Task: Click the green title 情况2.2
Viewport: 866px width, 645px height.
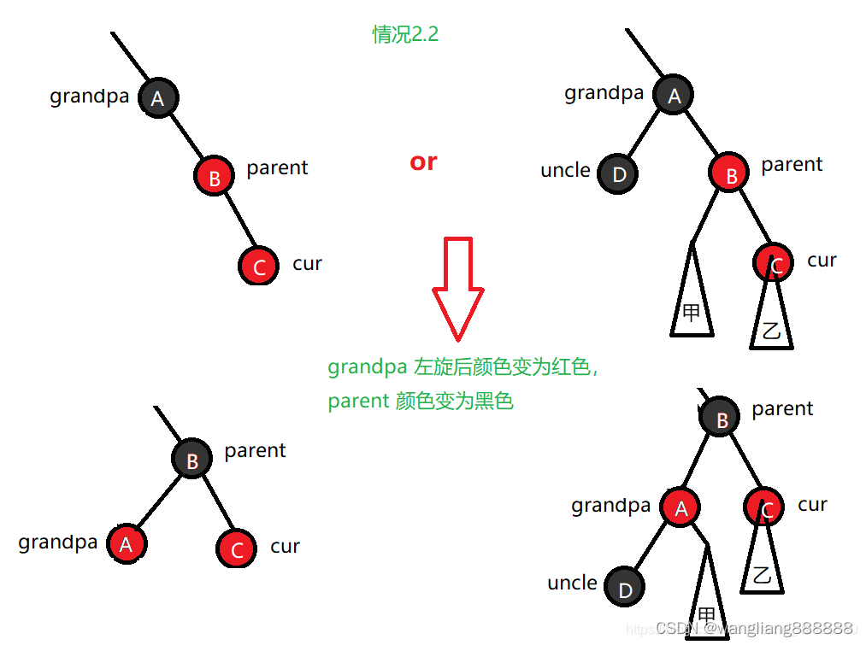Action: [x=405, y=34]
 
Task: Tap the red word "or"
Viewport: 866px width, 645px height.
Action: [x=423, y=161]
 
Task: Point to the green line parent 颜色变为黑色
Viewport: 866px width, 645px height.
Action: [x=420, y=401]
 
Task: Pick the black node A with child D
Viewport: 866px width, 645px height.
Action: [x=674, y=96]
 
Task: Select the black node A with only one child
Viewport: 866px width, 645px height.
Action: [x=157, y=99]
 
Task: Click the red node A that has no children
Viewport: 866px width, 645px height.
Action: [x=127, y=543]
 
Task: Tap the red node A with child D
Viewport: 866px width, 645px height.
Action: [x=680, y=508]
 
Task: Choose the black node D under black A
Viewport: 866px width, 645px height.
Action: [x=619, y=174]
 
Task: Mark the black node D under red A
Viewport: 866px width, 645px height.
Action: [x=625, y=588]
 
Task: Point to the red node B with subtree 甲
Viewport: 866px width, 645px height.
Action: [x=729, y=175]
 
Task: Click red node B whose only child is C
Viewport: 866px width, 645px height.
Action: [x=214, y=177]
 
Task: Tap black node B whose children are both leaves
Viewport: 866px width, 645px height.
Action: [x=191, y=460]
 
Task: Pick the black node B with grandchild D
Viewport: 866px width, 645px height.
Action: [x=721, y=419]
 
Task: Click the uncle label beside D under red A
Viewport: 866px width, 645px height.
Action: [x=572, y=583]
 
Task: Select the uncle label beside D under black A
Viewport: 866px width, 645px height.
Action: [x=565, y=170]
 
